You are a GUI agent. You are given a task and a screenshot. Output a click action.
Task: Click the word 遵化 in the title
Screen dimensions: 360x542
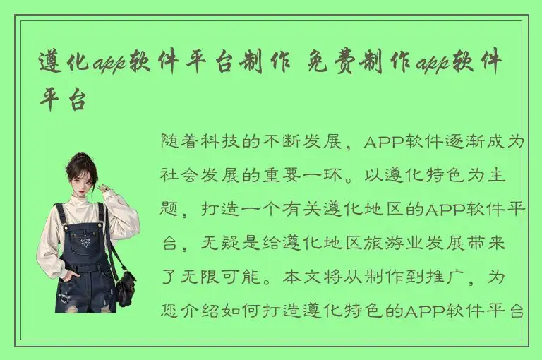coord(65,66)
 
